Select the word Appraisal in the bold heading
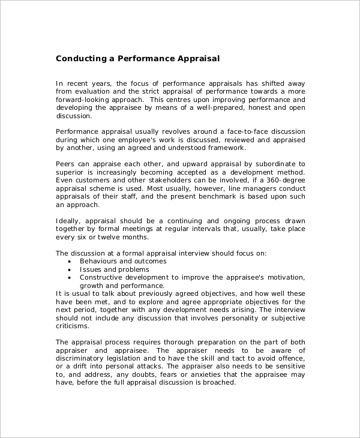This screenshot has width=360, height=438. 199,59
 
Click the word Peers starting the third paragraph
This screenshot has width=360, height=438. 66,164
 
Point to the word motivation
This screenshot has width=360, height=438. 284,277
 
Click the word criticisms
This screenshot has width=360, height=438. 73,326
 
